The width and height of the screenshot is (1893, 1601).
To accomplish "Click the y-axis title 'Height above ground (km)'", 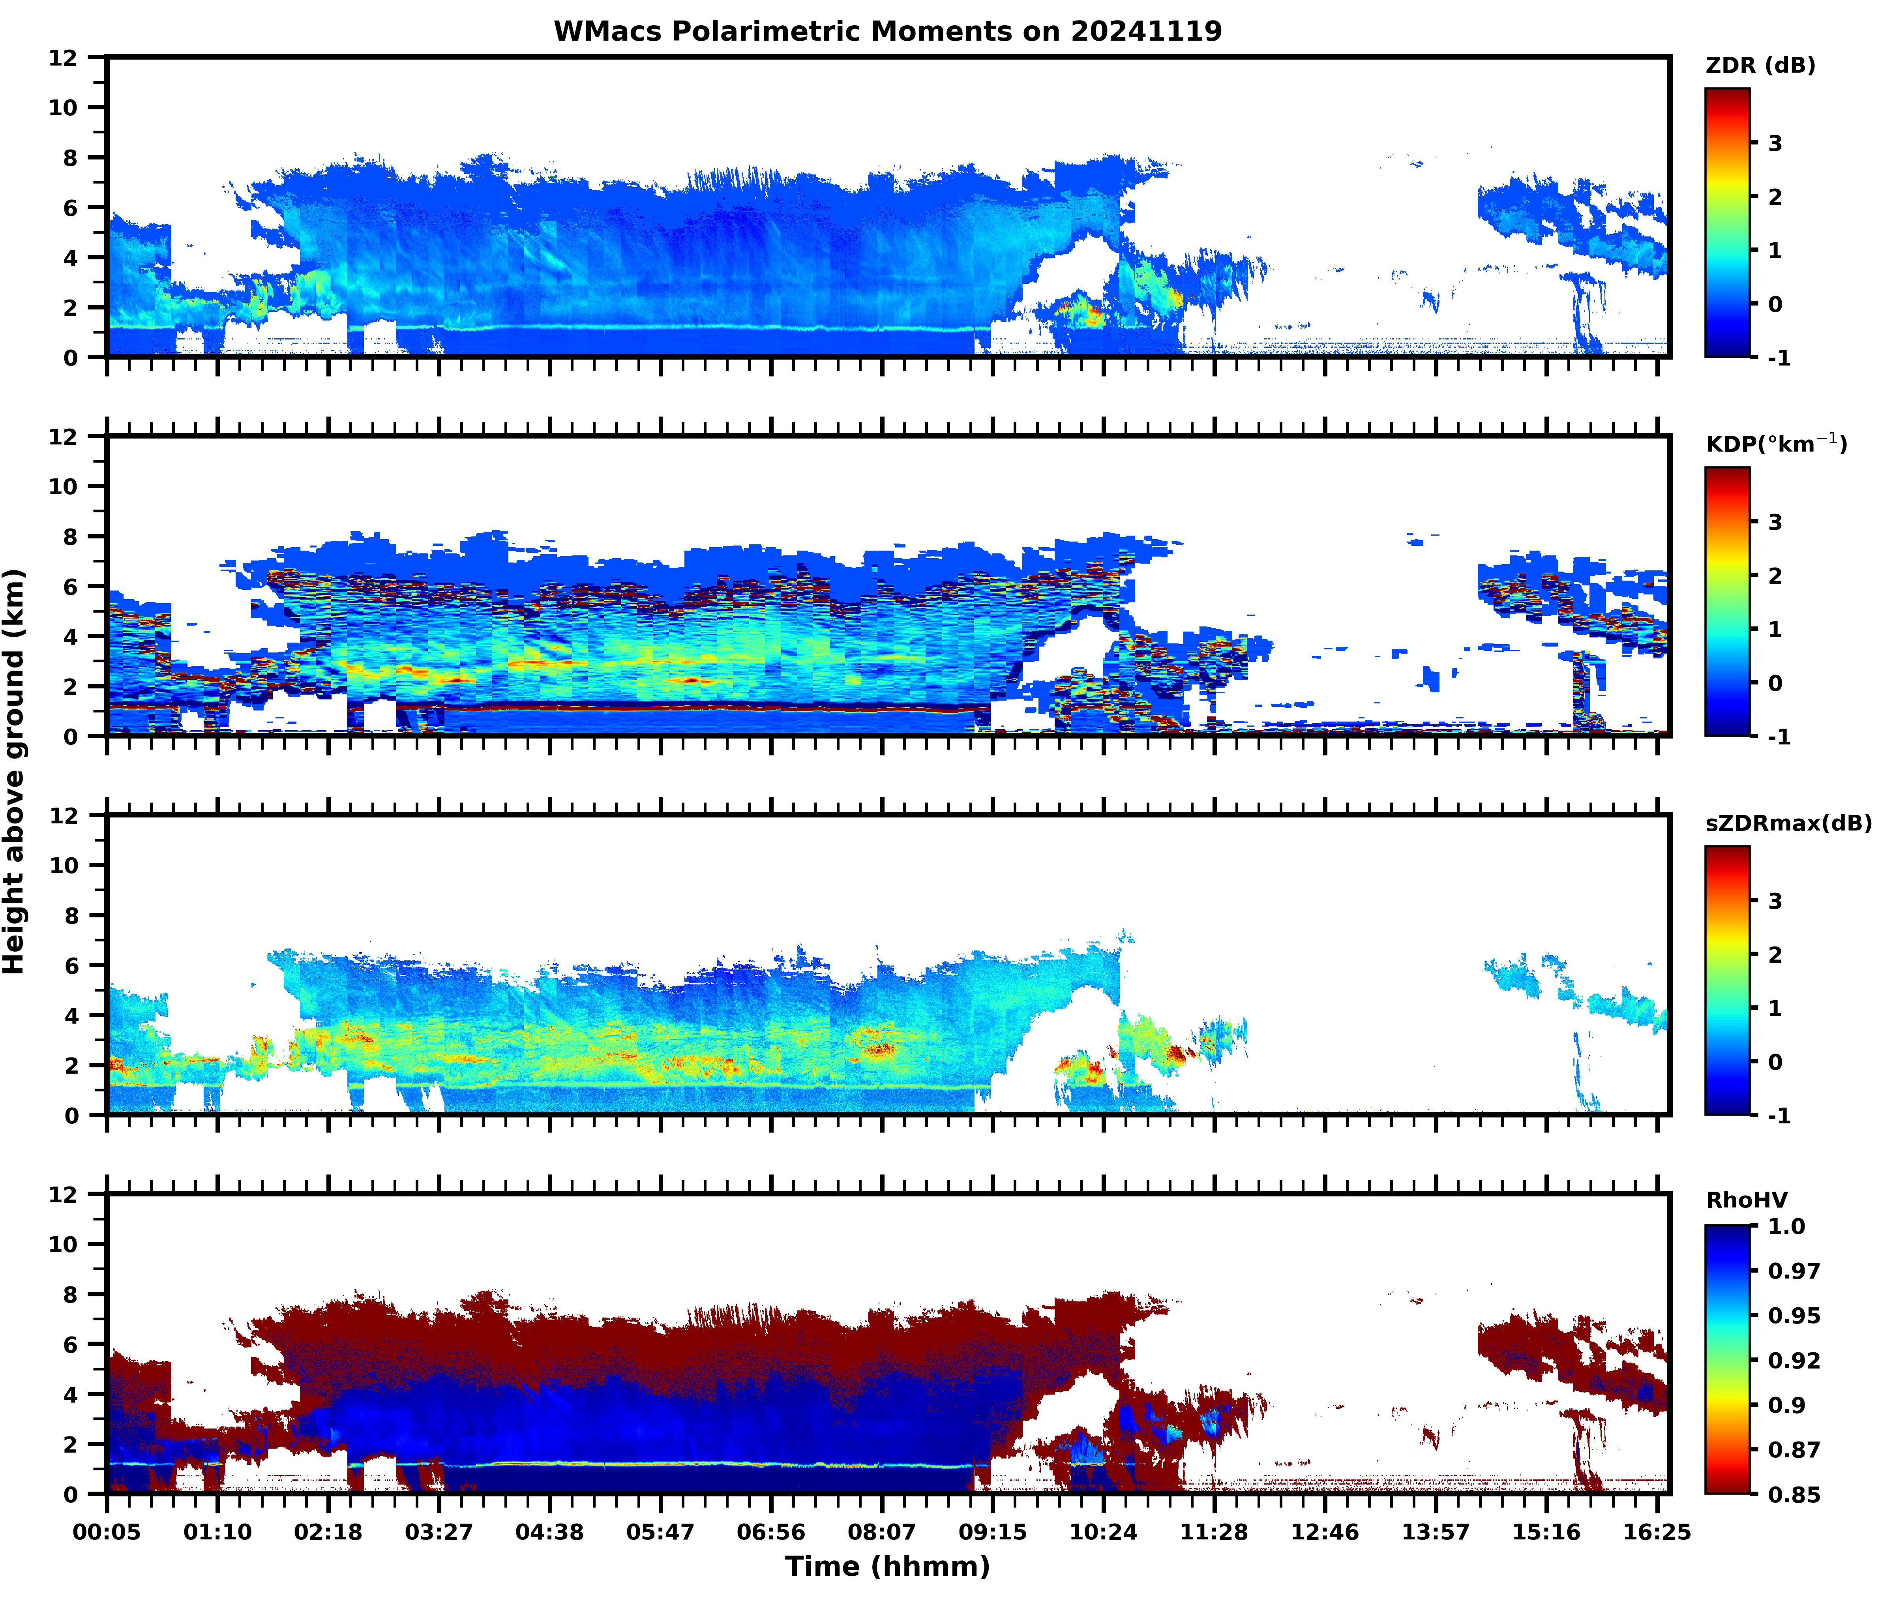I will [x=15, y=771].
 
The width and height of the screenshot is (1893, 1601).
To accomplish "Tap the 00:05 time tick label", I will [x=107, y=1532].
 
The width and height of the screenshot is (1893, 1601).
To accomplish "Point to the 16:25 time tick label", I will [x=1656, y=1532].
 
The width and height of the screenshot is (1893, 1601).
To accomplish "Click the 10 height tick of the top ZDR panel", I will [x=64, y=107].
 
